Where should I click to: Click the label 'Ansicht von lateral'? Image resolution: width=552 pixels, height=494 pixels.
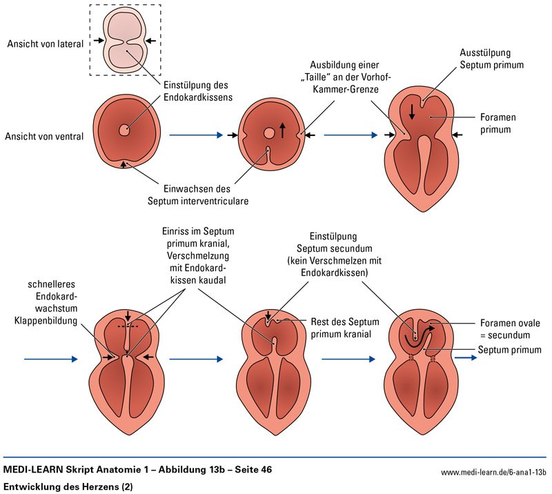(45, 44)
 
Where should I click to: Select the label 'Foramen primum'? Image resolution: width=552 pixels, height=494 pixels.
(497, 124)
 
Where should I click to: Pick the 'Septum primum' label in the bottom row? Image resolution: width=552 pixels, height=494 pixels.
(509, 350)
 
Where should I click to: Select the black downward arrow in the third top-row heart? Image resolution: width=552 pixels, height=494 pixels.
(411, 111)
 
